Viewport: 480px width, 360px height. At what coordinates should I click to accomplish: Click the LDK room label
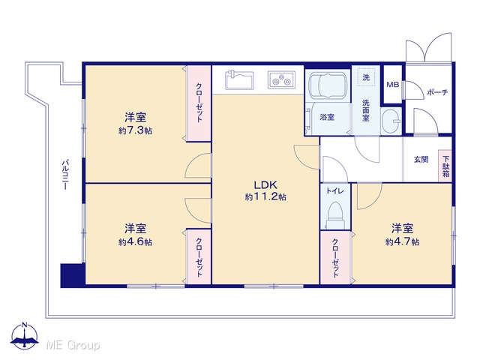pyautogui.click(x=265, y=185)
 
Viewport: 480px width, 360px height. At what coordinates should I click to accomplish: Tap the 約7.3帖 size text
pyautogui.click(x=135, y=130)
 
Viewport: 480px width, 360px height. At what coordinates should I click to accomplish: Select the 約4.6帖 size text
pyautogui.click(x=135, y=242)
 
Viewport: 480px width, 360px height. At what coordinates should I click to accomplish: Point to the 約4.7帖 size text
pyautogui.click(x=403, y=241)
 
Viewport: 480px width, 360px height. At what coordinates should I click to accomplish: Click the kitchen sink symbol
pyautogui.click(x=239, y=79)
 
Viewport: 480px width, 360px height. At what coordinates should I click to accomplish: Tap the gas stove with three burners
pyautogui.click(x=282, y=80)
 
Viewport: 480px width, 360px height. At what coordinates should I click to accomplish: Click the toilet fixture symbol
pyautogui.click(x=335, y=215)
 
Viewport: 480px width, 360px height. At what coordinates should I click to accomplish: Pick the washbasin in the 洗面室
pyautogui.click(x=391, y=121)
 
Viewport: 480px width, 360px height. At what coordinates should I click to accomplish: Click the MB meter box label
pyautogui.click(x=393, y=84)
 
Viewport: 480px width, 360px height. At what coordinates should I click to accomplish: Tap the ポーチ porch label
pyautogui.click(x=437, y=91)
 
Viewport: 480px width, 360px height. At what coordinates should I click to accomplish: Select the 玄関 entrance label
pyautogui.click(x=421, y=160)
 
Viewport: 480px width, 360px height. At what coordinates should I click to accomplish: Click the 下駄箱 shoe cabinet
pyautogui.click(x=445, y=166)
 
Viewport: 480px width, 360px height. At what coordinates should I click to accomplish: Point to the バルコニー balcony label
pyautogui.click(x=65, y=174)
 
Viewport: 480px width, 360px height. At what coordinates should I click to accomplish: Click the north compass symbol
pyautogui.click(x=25, y=336)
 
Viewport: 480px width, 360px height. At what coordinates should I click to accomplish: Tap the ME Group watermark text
pyautogui.click(x=73, y=346)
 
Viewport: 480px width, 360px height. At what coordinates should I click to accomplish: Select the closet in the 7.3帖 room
pyautogui.click(x=199, y=103)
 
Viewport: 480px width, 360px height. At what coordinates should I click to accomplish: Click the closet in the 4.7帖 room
pyautogui.click(x=336, y=258)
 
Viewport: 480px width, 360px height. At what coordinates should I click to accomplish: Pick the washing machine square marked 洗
pyautogui.click(x=366, y=78)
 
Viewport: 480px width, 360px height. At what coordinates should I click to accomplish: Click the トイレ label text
pyautogui.click(x=335, y=191)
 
